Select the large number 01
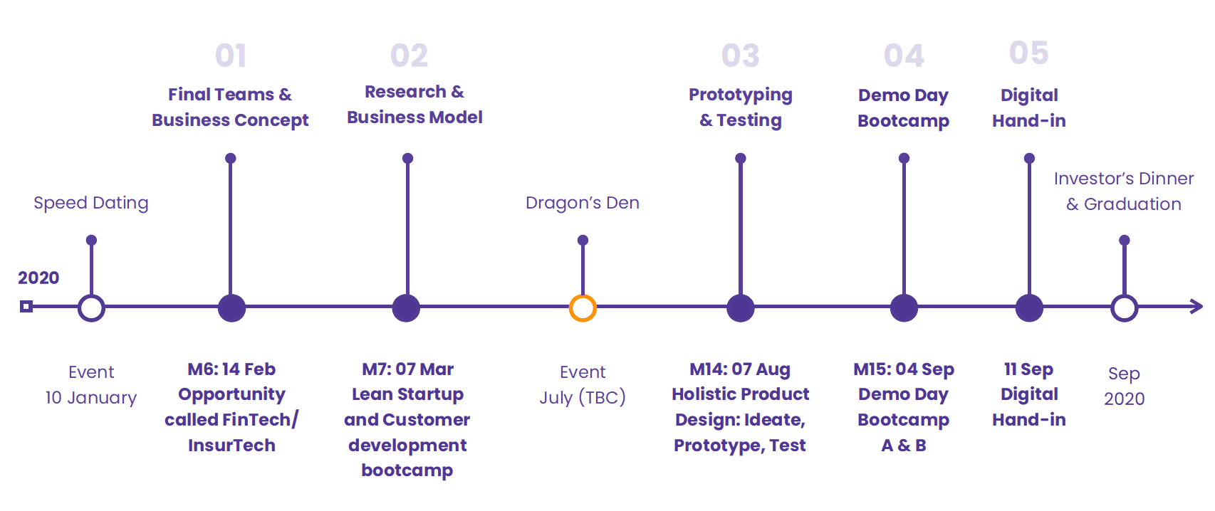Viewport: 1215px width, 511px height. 231,56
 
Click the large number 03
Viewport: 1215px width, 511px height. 741,56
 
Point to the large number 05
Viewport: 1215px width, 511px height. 1029,53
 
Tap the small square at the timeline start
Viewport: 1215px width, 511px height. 26,307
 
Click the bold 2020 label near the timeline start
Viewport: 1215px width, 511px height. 38,278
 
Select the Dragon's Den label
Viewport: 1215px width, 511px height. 583,203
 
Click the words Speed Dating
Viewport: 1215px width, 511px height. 91,204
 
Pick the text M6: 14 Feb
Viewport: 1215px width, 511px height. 231,369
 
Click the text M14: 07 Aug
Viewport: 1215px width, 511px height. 741,369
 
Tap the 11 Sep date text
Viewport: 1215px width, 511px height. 1029,369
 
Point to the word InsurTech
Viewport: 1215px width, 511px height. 231,446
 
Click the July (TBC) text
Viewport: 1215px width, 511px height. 583,398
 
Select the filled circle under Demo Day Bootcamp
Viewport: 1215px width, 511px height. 904,307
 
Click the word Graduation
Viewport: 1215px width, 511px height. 1132,204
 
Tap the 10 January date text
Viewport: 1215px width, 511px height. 91,398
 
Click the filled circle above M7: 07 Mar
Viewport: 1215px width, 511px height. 406,307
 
